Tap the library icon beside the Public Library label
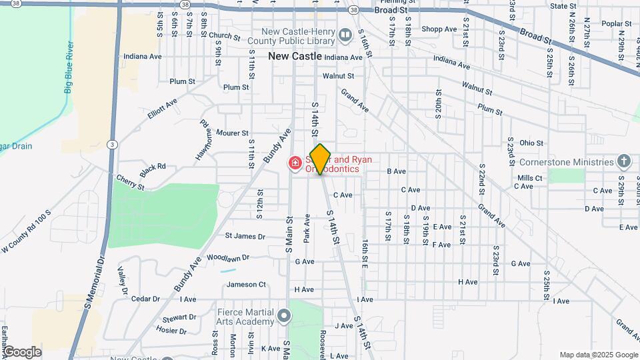tap(345, 35)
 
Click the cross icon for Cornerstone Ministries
tap(623, 161)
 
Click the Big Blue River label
tap(69, 68)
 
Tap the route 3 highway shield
tap(112, 144)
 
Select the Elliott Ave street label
tap(163, 109)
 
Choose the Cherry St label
tap(130, 182)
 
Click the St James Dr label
tap(245, 236)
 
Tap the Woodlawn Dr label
tap(227, 257)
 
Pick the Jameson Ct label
tap(246, 285)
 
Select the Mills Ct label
tap(529, 178)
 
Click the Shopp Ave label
tap(439, 29)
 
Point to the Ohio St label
tap(531, 143)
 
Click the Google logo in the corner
tap(22, 351)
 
